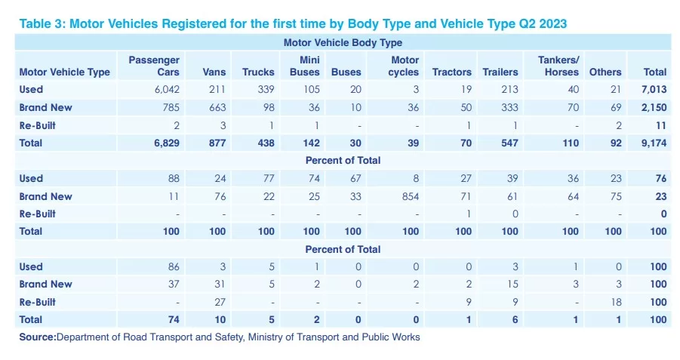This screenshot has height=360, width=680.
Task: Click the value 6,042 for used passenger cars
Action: pyautogui.click(x=167, y=89)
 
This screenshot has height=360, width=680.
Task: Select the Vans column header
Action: pyautogui.click(x=214, y=72)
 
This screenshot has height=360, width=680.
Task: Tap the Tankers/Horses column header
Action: pyautogui.click(x=558, y=66)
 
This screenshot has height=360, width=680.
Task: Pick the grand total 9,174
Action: pyautogui.click(x=654, y=143)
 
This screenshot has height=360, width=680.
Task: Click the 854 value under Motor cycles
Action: pyautogui.click(x=411, y=196)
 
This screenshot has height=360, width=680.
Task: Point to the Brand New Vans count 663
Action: pyautogui.click(x=217, y=108)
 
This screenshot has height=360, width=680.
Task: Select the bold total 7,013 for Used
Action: pyautogui.click(x=654, y=89)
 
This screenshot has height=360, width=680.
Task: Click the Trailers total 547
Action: pyautogui.click(x=509, y=143)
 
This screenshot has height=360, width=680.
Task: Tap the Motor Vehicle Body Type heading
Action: pyautogui.click(x=343, y=42)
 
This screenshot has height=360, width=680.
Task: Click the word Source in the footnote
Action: pyautogui.click(x=38, y=337)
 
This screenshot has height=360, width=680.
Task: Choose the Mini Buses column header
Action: pyautogui.click(x=305, y=66)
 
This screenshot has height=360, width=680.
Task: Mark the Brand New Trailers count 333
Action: pyautogui.click(x=509, y=108)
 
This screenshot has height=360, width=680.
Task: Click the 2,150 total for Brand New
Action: pyautogui.click(x=654, y=108)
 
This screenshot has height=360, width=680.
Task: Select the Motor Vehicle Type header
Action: pyautogui.click(x=65, y=72)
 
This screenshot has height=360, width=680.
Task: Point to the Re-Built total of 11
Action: pyautogui.click(x=661, y=126)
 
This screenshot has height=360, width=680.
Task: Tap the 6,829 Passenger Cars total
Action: pyautogui.click(x=167, y=143)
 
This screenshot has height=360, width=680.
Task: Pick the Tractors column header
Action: pyautogui.click(x=452, y=72)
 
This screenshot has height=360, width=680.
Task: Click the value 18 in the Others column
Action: pyautogui.click(x=617, y=303)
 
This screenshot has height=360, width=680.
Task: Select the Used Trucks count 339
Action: pyautogui.click(x=266, y=89)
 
